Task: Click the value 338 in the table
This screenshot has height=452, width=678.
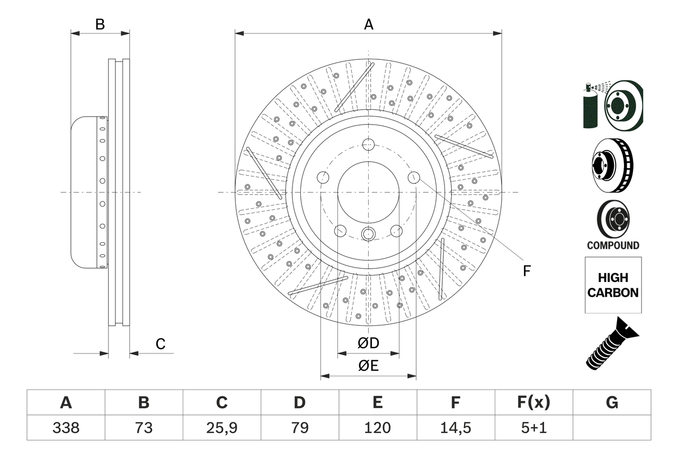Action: [x=66, y=427]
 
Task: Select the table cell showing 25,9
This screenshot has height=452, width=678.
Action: [x=221, y=427]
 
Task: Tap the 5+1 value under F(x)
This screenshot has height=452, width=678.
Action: [x=533, y=427]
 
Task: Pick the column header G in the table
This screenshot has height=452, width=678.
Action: [x=612, y=403]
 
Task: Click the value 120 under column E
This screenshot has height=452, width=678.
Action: [x=377, y=427]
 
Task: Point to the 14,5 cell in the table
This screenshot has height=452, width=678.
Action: [x=455, y=427]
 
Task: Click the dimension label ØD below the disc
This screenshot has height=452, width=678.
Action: [x=369, y=343]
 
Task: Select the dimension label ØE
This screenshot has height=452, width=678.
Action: [x=369, y=366]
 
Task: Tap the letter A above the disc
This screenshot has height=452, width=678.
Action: [x=369, y=24]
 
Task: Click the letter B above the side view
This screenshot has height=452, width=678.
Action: [x=100, y=24]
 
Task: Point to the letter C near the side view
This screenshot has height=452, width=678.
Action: [x=160, y=344]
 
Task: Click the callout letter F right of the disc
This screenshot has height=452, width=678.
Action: [x=527, y=271]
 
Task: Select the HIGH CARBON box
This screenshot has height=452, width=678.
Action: [x=613, y=285]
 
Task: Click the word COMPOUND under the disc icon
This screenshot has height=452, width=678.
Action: [x=613, y=245]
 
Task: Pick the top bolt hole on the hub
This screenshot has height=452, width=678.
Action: [x=369, y=144]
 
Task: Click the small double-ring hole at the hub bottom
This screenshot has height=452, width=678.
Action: [x=369, y=234]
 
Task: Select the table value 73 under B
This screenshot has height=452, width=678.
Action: [x=144, y=427]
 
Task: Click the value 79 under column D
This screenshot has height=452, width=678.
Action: [x=299, y=427]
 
